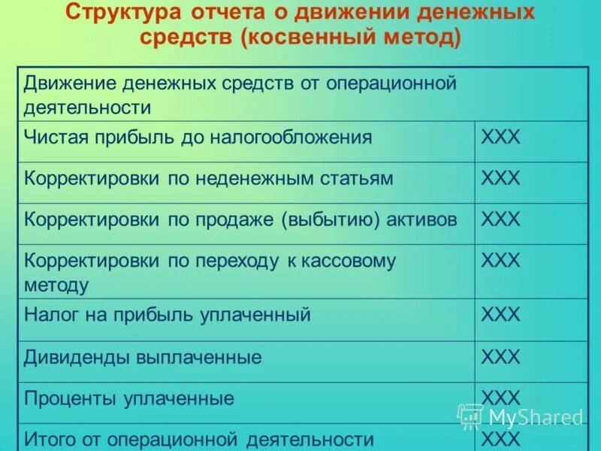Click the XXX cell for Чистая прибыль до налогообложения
500,138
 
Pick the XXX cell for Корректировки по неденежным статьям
500,179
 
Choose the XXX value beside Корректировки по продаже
500,219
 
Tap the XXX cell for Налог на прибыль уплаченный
500,315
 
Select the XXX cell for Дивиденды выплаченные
500,357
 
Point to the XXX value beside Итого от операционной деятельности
500,438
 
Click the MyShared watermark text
535,417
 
